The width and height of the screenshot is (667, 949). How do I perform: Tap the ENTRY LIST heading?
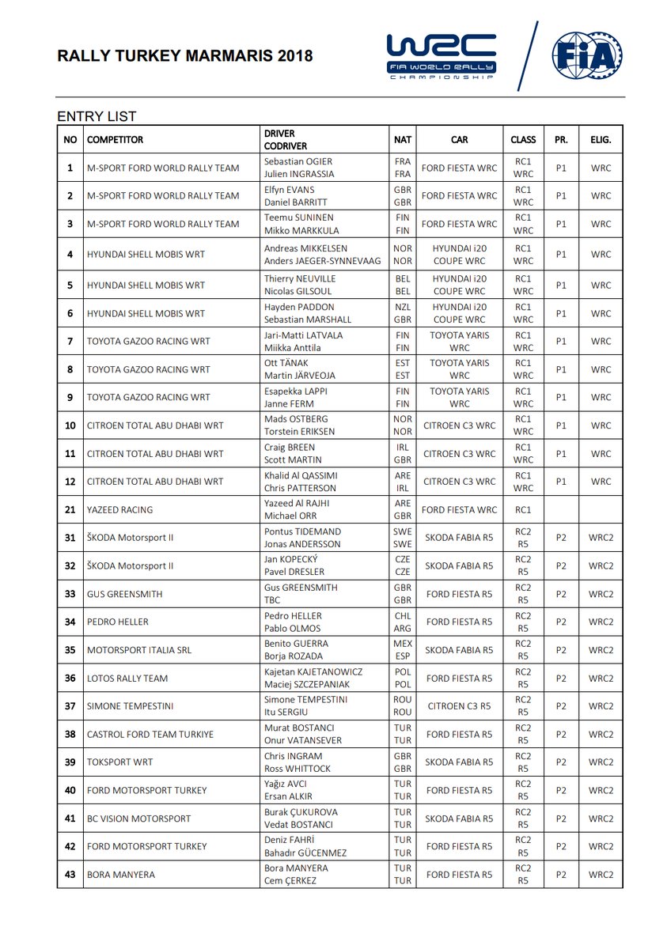pos(97,116)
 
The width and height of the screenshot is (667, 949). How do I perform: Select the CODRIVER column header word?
pos(286,146)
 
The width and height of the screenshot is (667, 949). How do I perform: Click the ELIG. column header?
pos(601,140)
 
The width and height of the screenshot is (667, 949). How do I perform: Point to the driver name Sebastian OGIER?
pos(299,161)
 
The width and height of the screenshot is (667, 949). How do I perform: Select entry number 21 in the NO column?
pos(70,510)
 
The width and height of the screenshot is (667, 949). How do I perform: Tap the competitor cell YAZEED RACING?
pos(119,510)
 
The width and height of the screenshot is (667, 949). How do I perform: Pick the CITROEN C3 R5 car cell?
pos(459,706)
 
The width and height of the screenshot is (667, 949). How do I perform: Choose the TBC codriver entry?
pos(273,601)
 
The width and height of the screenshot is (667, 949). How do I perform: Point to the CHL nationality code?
pos(402,616)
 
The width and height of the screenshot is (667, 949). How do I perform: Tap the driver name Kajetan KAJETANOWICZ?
pos(313,672)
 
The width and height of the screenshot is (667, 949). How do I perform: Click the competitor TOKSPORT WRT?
pos(119,762)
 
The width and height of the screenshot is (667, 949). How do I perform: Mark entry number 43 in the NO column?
pos(70,875)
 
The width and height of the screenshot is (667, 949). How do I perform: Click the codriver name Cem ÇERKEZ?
pos(290,881)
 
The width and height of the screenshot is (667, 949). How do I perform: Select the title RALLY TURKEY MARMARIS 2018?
pos(185,56)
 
